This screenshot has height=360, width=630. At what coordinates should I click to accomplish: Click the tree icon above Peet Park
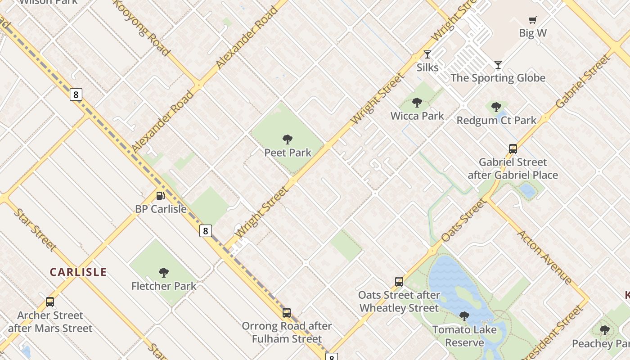pyautogui.click(x=287, y=139)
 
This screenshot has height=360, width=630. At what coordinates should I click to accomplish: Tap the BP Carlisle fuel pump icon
pyautogui.click(x=160, y=196)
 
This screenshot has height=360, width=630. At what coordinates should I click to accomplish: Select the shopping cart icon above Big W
pyautogui.click(x=533, y=20)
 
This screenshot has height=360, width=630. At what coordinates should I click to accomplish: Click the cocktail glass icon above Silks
pyautogui.click(x=427, y=54)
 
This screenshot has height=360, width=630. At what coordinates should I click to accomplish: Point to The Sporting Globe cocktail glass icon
pyautogui.click(x=498, y=65)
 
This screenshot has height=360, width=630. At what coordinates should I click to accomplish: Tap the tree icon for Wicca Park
pyautogui.click(x=417, y=103)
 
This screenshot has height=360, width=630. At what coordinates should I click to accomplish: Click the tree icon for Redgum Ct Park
pyautogui.click(x=496, y=107)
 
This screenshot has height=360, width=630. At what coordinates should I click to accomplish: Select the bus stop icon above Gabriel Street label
pyautogui.click(x=513, y=149)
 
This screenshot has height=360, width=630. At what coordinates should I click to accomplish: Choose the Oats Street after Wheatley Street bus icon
pyautogui.click(x=399, y=282)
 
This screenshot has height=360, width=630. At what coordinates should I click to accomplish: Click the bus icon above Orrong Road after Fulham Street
pyautogui.click(x=287, y=313)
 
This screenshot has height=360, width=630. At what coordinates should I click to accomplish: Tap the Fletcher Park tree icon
pyautogui.click(x=164, y=272)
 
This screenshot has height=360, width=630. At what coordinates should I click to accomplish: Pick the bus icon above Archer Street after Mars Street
pyautogui.click(x=50, y=302)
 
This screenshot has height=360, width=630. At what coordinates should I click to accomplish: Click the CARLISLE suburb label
pyautogui.click(x=78, y=272)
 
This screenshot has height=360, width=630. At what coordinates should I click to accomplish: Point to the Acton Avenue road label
pyautogui.click(x=544, y=257)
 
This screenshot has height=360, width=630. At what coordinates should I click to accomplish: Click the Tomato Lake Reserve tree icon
pyautogui.click(x=464, y=316)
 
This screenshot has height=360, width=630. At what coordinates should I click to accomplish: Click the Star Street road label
pyautogui.click(x=35, y=229)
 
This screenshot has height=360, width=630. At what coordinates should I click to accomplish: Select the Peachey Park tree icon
pyautogui.click(x=605, y=330)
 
